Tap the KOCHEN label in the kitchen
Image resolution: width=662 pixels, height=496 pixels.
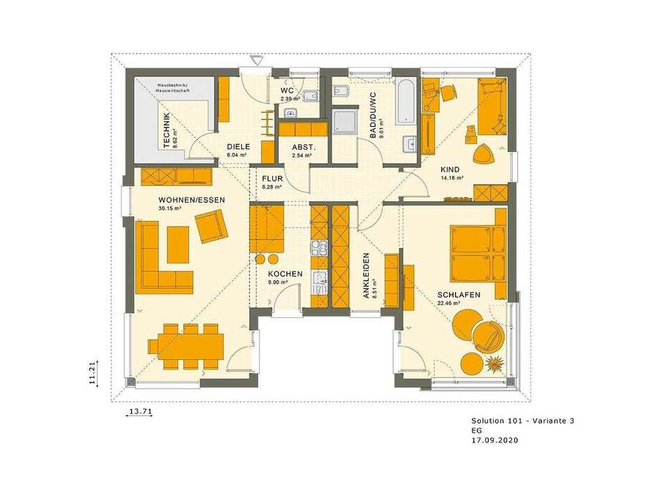coord(285,274)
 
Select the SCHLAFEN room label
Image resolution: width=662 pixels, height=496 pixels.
coord(459,295)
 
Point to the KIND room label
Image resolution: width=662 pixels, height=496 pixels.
coord(449,169)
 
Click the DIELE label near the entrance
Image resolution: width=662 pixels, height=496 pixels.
coord(238,146)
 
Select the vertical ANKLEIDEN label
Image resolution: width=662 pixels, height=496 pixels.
coord(366,276)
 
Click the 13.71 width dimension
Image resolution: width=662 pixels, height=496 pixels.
coord(139,412)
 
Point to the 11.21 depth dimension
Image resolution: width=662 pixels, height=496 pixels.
coord(91,371)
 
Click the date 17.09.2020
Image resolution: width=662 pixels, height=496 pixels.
coord(494,440)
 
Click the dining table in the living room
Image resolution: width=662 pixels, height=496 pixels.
coord(185,345)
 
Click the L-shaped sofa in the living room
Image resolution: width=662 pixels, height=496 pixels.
coord(164,258)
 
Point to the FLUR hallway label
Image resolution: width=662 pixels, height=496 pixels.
coord(271,178)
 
